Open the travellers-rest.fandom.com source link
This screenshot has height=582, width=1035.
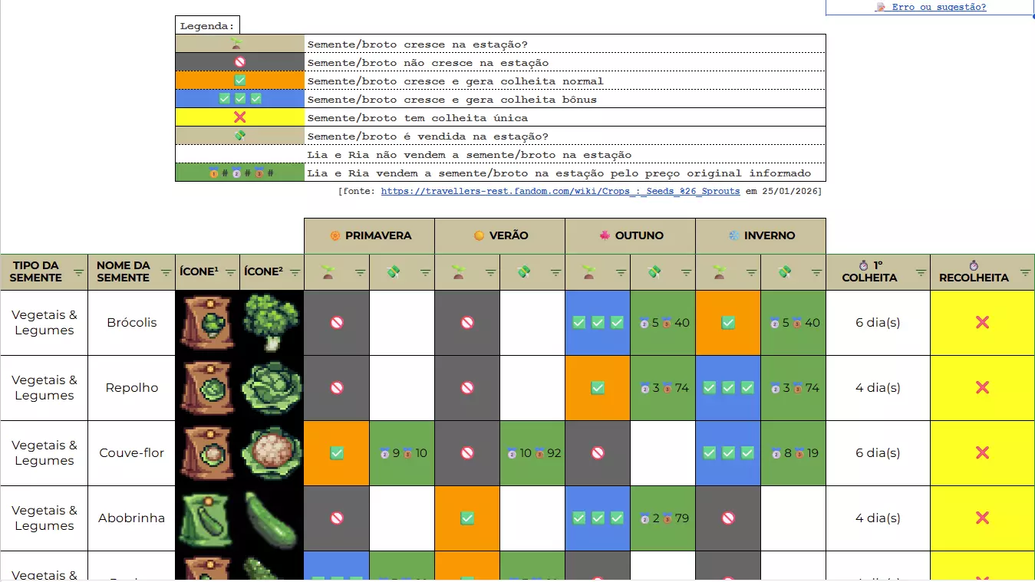[x=560, y=191]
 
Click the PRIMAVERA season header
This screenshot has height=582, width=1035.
[x=370, y=235]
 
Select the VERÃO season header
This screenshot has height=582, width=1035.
[x=500, y=235]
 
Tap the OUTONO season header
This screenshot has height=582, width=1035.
[x=631, y=235]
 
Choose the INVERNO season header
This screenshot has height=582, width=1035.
[x=761, y=235]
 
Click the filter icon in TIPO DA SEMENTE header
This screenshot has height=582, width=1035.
[x=78, y=272]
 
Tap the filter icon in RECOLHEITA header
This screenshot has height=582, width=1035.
[x=1025, y=272]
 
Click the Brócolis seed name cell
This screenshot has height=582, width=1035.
[x=132, y=323]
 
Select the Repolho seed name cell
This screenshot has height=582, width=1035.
[x=132, y=388]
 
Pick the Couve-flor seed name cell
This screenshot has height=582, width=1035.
[x=132, y=453]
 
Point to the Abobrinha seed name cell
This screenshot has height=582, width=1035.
[x=132, y=518]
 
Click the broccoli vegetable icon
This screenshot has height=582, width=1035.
[x=272, y=323]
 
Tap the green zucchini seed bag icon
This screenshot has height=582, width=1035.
[x=207, y=518]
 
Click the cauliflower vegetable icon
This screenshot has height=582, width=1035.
[x=272, y=453]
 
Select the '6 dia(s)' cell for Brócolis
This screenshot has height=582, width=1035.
[x=878, y=323]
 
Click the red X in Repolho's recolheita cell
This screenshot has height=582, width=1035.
[x=982, y=388]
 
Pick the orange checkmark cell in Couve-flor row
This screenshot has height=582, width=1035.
[x=337, y=453]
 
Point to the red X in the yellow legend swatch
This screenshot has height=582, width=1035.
[x=240, y=117]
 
